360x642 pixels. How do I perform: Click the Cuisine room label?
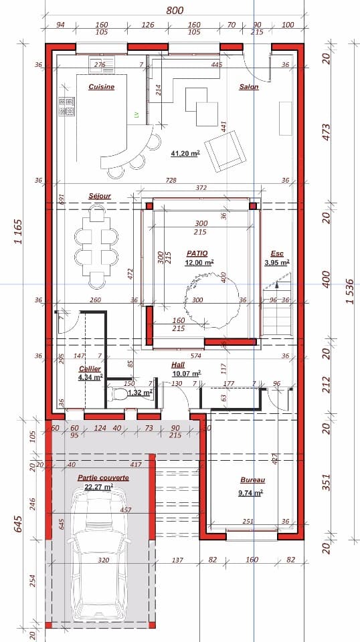[x=101, y=87]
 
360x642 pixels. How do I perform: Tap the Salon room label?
[x=248, y=87]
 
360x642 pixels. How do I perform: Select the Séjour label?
[x=99, y=196]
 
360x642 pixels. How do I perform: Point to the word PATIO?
[x=197, y=253]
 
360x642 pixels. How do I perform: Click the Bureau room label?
[x=252, y=480]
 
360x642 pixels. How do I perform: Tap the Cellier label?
[x=90, y=369]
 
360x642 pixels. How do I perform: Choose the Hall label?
[x=178, y=364]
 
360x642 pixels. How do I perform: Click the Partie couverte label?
[x=103, y=478]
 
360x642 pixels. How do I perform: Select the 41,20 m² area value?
[x=185, y=153]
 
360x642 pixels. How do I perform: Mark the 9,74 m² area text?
[x=250, y=492]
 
